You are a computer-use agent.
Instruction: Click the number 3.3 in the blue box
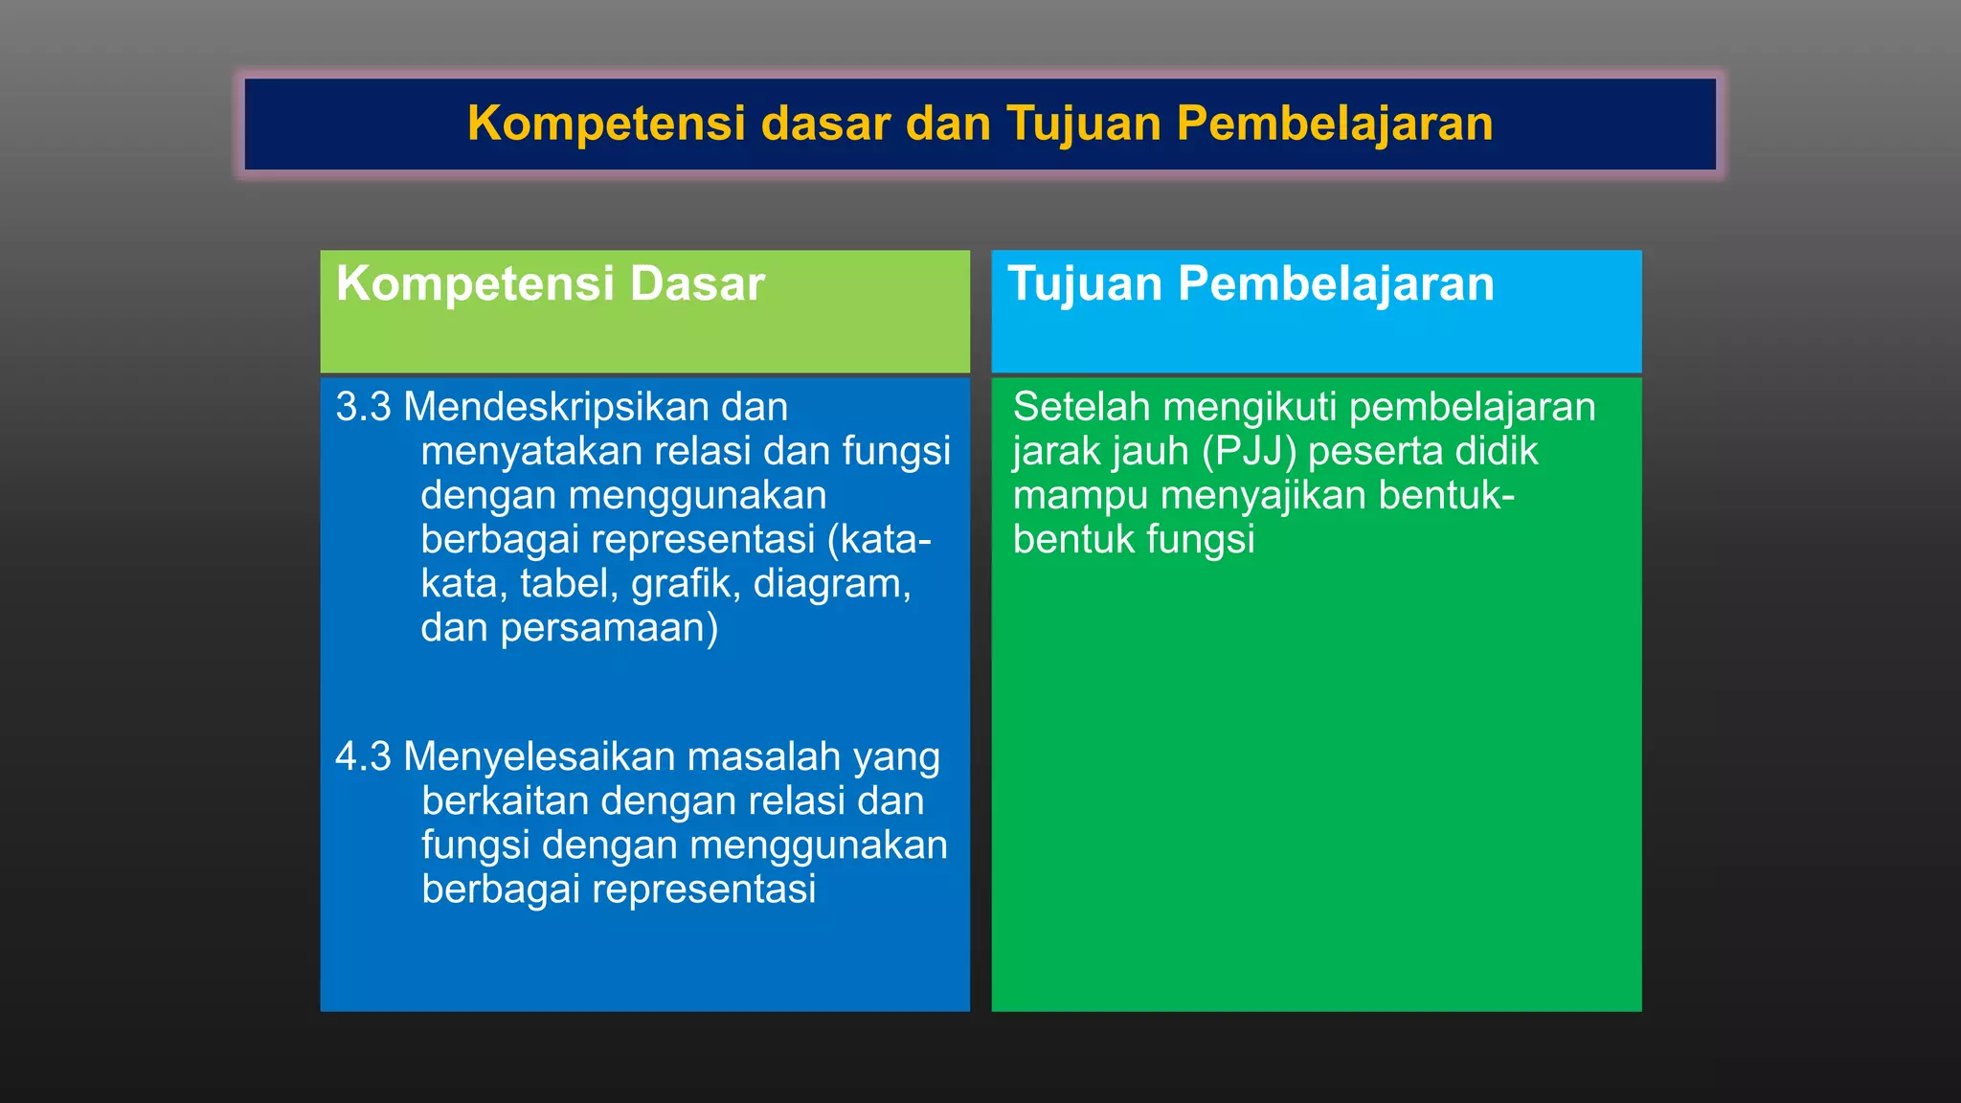point(363,408)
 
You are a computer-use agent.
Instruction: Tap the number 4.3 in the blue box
point(363,757)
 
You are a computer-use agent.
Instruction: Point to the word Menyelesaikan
point(540,757)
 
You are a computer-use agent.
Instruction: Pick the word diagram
point(831,584)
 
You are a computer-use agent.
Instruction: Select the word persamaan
point(609,628)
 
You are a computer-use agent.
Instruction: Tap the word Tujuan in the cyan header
point(1084,284)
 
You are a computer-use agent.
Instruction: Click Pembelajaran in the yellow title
point(1334,124)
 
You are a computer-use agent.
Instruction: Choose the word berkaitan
point(504,801)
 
